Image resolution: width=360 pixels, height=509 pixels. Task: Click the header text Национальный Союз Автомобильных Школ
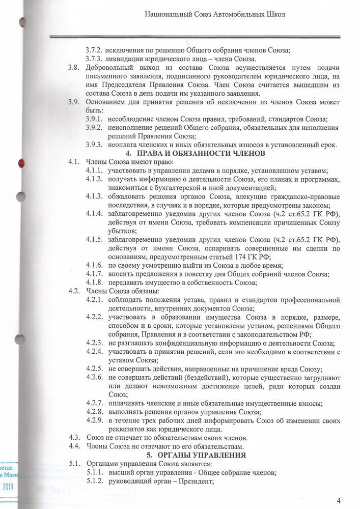[214, 16]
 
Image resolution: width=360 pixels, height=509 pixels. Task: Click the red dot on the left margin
[21, 163]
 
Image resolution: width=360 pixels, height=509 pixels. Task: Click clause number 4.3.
[74, 438]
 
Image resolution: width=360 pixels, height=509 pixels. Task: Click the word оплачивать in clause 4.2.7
[127, 403]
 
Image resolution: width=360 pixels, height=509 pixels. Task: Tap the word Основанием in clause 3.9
[106, 102]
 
